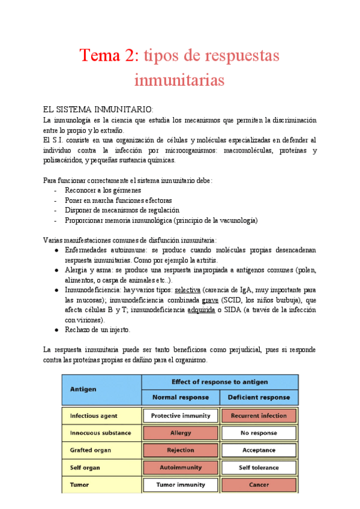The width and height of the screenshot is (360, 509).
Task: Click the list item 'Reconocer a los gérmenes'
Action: tap(103, 190)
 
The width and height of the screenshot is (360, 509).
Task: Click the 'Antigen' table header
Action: tap(84, 389)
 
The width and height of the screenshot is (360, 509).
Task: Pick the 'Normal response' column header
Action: tap(181, 397)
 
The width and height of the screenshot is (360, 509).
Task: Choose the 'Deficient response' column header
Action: tap(259, 397)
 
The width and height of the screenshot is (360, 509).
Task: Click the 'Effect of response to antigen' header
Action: tap(220, 382)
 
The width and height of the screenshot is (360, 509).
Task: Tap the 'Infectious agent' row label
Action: tap(94, 415)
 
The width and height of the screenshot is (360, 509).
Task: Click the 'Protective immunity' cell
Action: tap(181, 415)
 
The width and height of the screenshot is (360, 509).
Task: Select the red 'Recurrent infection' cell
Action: tap(259, 415)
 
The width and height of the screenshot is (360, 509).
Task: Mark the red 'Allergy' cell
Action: tap(181, 433)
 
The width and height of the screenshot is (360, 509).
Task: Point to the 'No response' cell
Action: tap(259, 433)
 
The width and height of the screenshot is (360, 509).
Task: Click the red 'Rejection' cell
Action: tap(181, 450)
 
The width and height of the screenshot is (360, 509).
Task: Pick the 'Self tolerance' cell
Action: tap(259, 468)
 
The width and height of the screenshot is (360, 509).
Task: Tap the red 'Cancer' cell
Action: tap(259, 484)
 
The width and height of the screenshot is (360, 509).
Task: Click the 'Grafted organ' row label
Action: tap(90, 450)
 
